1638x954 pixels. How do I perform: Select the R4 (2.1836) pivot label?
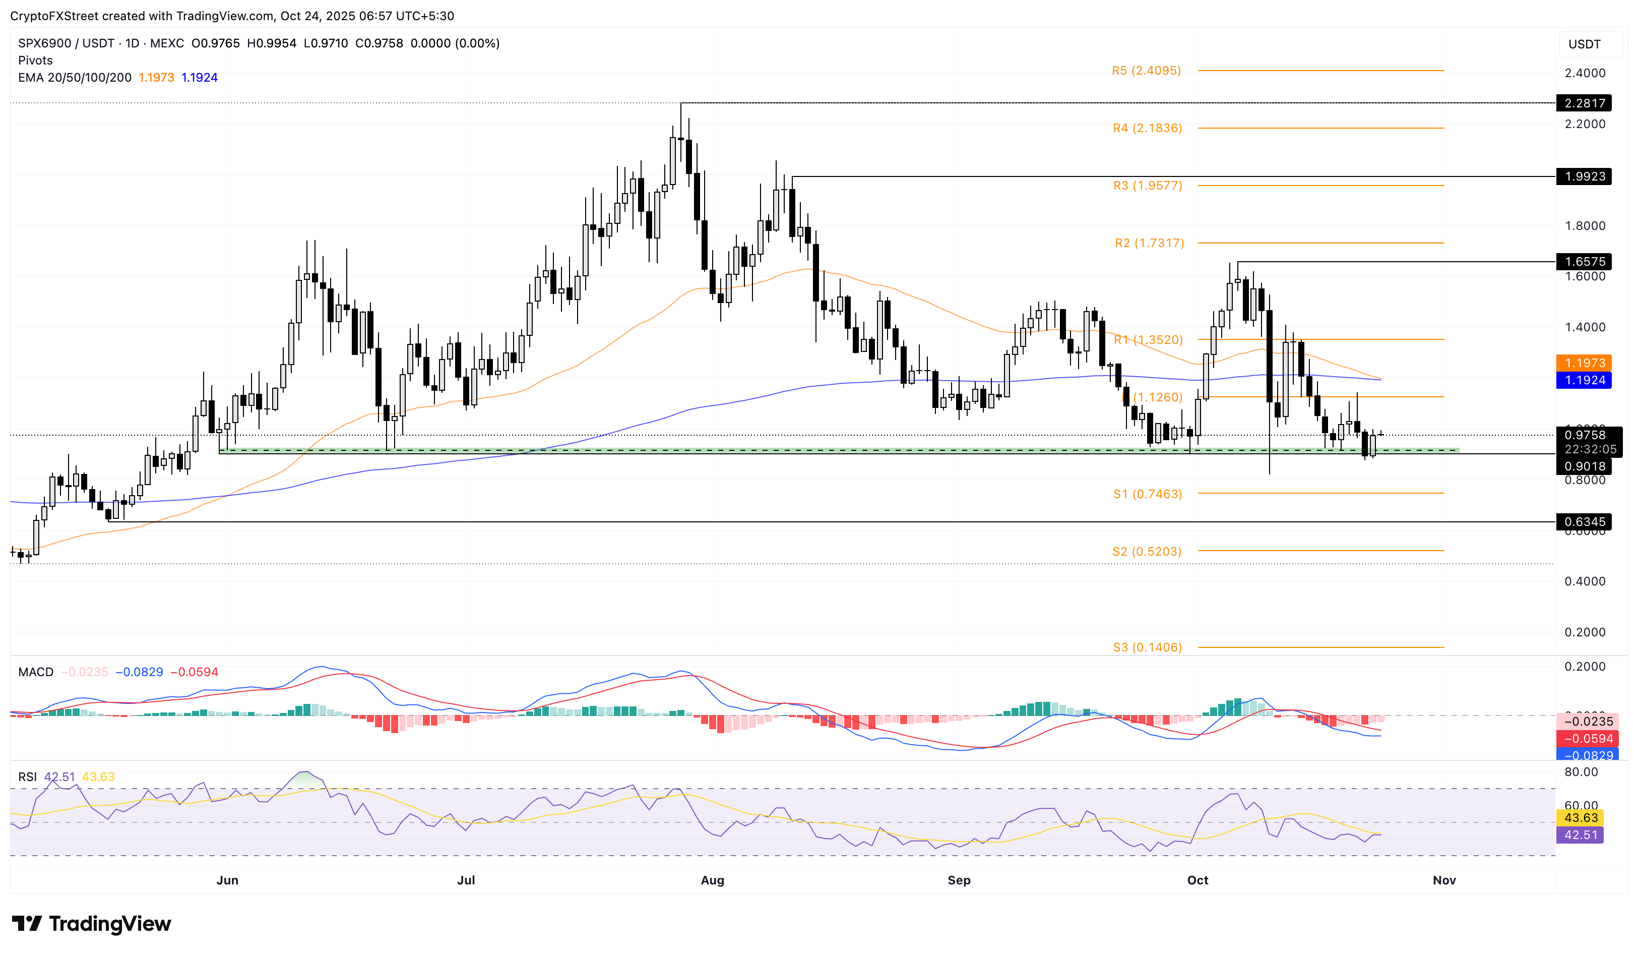pos(1147,128)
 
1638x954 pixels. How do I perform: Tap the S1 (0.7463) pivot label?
pos(1147,494)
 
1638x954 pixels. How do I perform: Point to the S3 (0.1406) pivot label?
pos(1147,647)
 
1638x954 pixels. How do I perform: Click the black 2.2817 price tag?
pos(1584,103)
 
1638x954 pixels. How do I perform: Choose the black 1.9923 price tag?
pos(1584,176)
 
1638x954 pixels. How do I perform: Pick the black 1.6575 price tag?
pos(1584,261)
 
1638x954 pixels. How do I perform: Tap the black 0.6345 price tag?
pos(1584,521)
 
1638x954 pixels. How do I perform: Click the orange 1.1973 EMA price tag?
pos(1584,363)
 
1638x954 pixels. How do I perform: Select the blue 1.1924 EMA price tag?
pos(1584,380)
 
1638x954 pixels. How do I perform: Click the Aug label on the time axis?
pos(712,880)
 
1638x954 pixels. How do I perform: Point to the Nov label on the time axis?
pos(1443,880)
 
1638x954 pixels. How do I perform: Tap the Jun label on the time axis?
pos(227,880)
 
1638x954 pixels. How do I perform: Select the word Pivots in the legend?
pos(35,61)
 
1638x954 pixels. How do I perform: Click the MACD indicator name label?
pos(36,672)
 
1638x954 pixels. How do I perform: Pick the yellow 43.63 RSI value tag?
pos(1580,817)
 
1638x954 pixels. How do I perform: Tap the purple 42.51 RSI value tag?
pos(1580,834)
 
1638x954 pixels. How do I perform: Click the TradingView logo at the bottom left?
pos(92,923)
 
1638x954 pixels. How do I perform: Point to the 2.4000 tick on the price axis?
pos(1584,73)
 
